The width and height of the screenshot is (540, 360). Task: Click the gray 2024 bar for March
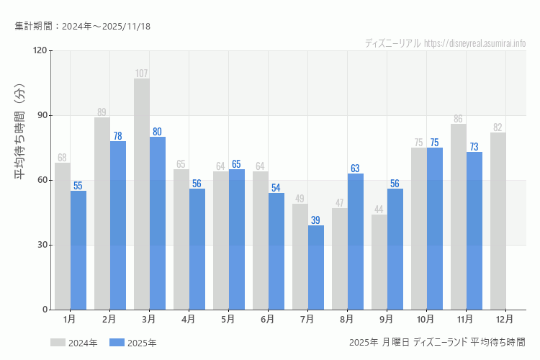(142, 194)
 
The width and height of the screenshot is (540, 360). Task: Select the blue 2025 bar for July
(316, 268)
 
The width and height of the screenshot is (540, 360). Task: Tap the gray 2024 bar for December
(498, 221)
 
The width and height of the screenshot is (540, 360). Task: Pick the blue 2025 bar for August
(356, 242)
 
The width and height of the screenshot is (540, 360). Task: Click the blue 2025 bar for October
(435, 229)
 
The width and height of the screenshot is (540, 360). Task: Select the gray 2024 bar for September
(379, 262)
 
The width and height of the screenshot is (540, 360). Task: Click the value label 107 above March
(142, 73)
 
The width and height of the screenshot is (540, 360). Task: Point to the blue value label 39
(316, 220)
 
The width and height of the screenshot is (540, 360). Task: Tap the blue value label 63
(356, 168)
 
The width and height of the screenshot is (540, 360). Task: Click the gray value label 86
(459, 119)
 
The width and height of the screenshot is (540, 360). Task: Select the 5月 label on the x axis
(228, 318)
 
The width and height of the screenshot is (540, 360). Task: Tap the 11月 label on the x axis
(465, 318)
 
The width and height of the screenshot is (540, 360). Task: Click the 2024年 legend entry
(74, 343)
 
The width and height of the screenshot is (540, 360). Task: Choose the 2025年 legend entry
(133, 343)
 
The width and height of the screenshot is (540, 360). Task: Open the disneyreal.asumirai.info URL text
(475, 43)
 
